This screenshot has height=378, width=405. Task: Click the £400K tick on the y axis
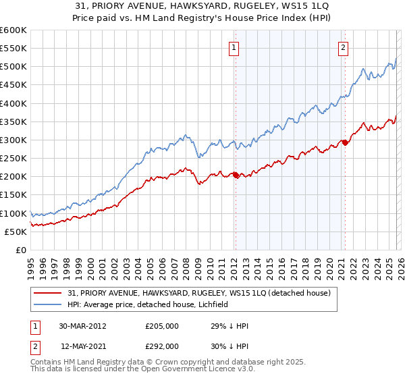pos(13,103)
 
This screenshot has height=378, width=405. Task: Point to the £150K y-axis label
pos(13,195)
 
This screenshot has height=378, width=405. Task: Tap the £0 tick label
pos(20,250)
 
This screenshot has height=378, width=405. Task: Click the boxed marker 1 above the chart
pos(234,47)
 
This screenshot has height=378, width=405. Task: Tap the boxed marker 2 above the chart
pos(344,47)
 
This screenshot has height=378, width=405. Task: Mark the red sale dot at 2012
pos(236,175)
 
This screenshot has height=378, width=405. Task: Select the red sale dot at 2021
pos(344,142)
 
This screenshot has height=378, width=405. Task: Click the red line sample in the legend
pos(49,293)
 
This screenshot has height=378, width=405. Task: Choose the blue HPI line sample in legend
pos(49,305)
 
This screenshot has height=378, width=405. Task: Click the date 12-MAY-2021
pos(83,346)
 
